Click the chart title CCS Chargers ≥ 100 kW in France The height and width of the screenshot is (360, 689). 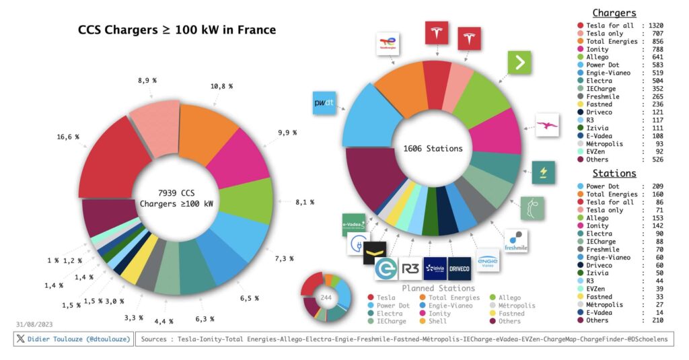click(x=176, y=30)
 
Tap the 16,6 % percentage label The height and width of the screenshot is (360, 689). click(x=68, y=137)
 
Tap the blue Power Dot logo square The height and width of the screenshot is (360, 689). click(x=324, y=103)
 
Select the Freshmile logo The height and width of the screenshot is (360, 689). click(x=516, y=241)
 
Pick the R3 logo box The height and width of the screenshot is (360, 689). click(x=410, y=268)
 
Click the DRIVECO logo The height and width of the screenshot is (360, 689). click(x=459, y=268)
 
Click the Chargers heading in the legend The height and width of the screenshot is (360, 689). click(x=614, y=13)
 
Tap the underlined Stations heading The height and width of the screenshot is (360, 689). click(x=614, y=174)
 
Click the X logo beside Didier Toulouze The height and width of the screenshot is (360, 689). click(x=22, y=338)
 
